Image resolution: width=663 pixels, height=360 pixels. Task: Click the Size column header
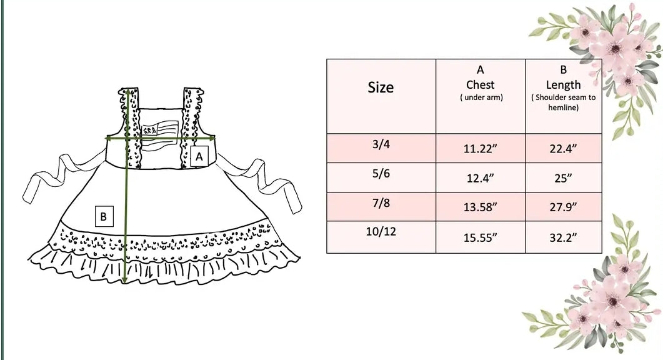pos(381,87)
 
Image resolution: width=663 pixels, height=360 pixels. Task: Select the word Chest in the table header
pos(481,85)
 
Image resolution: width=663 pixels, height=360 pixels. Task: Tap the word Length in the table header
pos(563,85)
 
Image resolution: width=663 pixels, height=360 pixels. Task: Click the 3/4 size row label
pos(381,144)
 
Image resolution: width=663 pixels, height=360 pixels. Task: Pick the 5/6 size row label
pos(381,174)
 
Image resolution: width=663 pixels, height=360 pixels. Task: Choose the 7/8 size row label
pos(381,203)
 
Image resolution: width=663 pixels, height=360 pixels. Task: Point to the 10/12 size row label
pos(381,232)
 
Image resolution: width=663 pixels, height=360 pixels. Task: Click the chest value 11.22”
pos(481,149)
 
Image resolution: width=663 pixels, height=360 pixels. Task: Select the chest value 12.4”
pos(481,178)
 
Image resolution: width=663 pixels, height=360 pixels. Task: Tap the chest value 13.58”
pos(481,207)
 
